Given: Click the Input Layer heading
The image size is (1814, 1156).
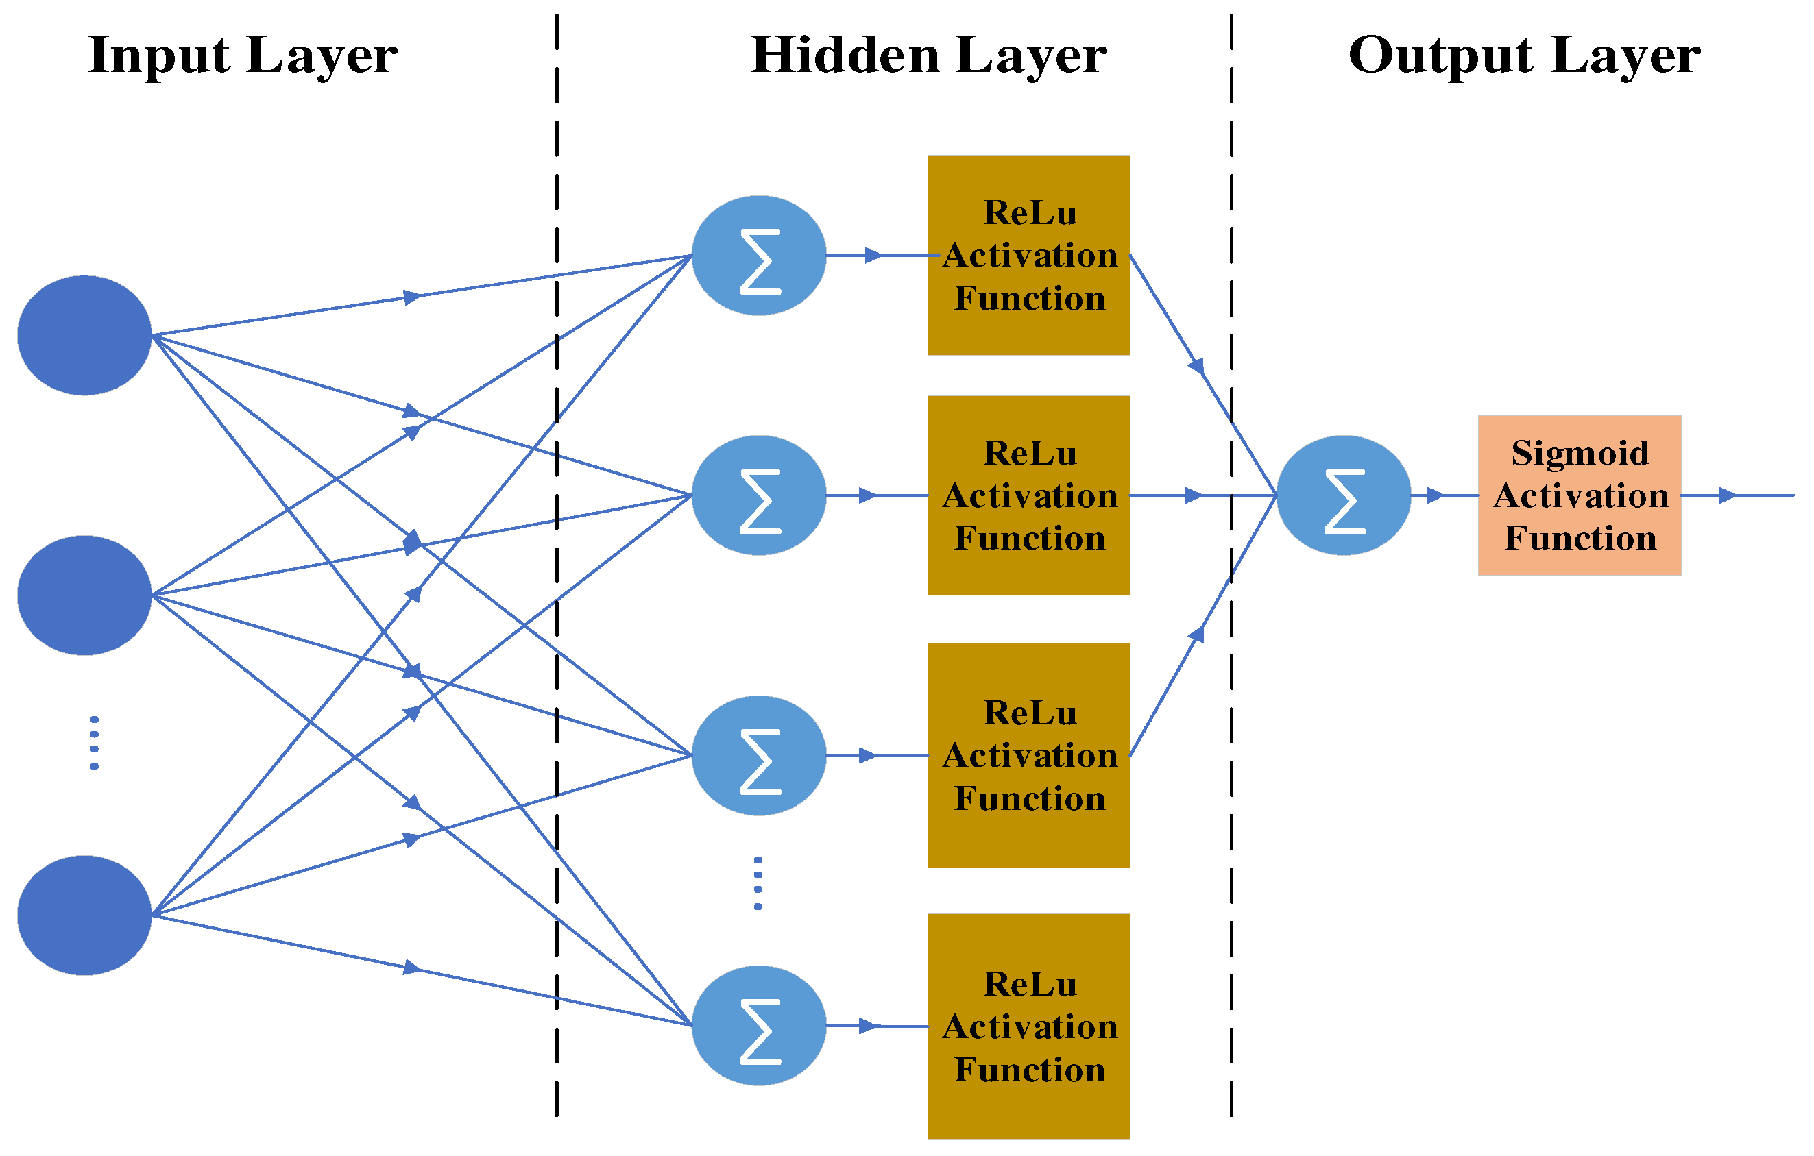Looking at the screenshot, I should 243,56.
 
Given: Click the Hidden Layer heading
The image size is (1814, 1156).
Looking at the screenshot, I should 929,56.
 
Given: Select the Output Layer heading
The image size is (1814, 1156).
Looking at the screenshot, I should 1524,56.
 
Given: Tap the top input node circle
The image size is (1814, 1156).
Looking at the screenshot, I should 84,335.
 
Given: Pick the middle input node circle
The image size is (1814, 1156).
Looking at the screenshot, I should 84,595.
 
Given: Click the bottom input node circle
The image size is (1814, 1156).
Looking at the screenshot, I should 84,915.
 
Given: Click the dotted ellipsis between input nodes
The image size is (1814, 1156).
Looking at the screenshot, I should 94,743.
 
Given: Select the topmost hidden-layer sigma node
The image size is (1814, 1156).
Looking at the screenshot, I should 759,256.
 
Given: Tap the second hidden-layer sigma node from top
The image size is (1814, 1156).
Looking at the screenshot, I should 759,495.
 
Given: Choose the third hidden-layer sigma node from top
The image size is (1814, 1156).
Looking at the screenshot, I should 759,755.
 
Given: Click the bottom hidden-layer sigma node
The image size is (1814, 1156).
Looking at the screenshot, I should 759,1026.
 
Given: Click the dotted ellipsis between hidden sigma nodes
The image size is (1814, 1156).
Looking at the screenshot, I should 758,883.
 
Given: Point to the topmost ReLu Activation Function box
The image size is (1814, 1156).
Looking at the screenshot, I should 1028,256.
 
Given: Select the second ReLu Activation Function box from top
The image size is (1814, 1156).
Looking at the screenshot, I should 1028,495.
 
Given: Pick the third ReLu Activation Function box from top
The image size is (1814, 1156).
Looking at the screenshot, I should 1028,755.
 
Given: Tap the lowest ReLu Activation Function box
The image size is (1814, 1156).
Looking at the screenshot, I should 1028,1026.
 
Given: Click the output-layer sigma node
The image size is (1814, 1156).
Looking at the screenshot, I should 1344,495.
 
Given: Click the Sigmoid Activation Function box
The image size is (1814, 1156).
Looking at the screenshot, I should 1579,495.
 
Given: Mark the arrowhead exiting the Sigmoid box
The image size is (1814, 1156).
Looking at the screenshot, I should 1728,495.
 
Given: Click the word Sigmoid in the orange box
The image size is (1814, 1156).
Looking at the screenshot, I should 1580,454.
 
